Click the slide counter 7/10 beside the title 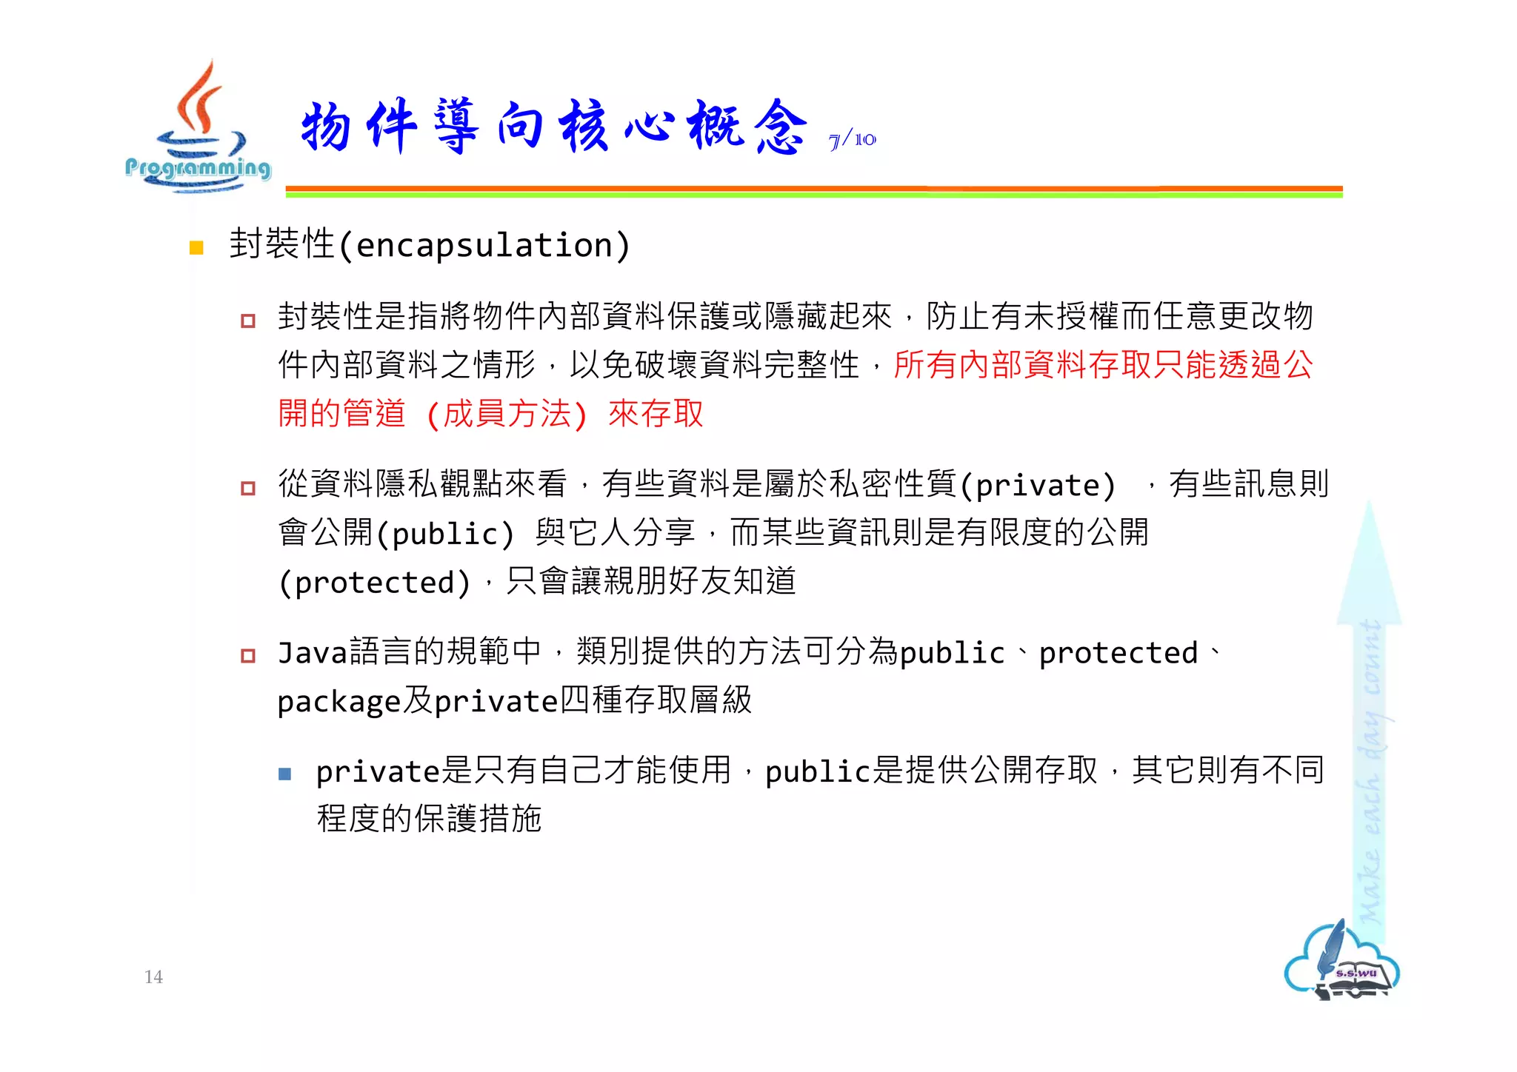point(852,139)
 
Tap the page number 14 point(153,976)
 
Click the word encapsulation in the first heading point(485,245)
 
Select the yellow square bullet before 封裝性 point(196,248)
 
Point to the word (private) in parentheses point(1038,486)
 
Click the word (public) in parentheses point(445,534)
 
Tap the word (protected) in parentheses point(375,583)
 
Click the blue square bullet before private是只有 point(285,774)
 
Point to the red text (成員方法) point(507,414)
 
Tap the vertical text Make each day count point(1370,770)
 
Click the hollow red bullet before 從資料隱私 point(248,488)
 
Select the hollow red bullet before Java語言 point(248,655)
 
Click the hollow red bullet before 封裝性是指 point(248,321)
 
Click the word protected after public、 point(1118,653)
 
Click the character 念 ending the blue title point(780,127)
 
